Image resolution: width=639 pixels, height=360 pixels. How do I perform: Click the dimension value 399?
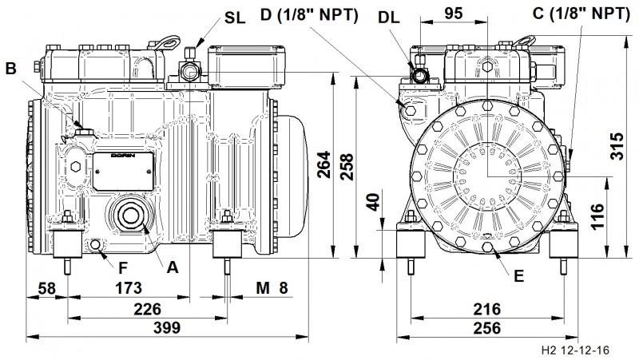pyautogui.click(x=167, y=328)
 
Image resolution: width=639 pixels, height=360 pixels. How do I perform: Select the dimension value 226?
pyautogui.click(x=147, y=308)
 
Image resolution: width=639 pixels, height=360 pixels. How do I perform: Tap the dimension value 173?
pyautogui.click(x=128, y=287)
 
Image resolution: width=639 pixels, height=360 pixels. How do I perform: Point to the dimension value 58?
pyautogui.click(x=46, y=287)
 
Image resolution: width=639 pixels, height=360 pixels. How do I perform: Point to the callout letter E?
pyautogui.click(x=518, y=277)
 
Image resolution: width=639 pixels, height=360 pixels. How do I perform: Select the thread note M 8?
pyautogui.click(x=271, y=287)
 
